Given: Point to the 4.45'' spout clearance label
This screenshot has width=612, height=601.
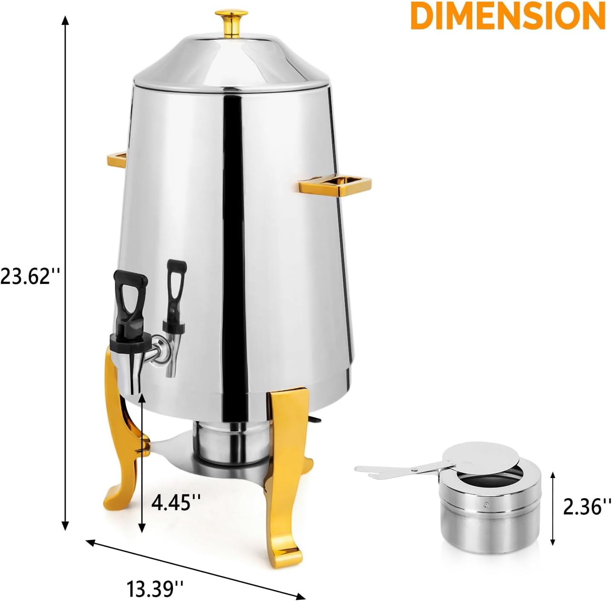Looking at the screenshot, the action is (176, 502).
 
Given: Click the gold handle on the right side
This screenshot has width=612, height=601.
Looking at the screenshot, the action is (335, 185).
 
